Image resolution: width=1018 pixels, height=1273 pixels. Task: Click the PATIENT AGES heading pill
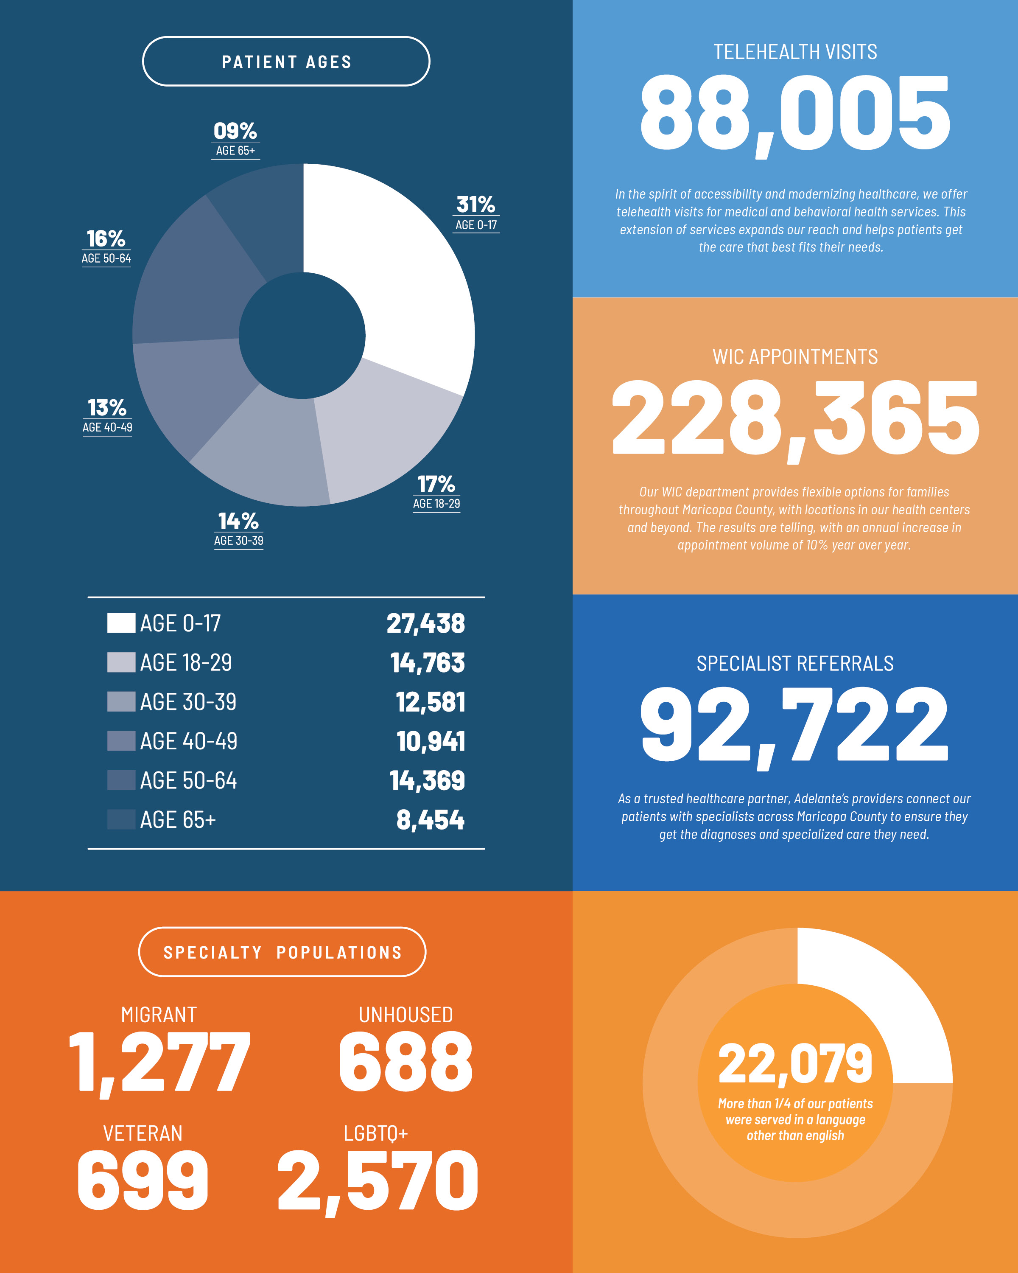pos(286,62)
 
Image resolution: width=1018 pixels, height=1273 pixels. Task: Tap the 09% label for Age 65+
pos(235,131)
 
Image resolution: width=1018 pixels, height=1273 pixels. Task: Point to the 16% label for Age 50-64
pos(106,238)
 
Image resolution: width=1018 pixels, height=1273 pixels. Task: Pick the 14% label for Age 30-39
pos(238,521)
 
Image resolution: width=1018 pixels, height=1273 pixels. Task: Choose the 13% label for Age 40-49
pos(107,407)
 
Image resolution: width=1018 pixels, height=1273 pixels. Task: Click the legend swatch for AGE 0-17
pos(121,623)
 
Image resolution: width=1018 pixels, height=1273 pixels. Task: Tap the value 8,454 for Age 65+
pos(430,819)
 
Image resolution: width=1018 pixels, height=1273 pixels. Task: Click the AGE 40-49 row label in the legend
pos(188,741)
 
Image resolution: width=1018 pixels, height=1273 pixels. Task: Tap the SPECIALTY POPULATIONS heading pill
pos(282,952)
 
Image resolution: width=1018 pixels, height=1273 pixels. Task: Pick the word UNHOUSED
pos(406,1015)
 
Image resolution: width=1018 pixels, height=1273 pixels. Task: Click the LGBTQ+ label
pos(376,1133)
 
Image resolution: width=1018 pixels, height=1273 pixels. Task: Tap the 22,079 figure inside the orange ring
pos(795,1064)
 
